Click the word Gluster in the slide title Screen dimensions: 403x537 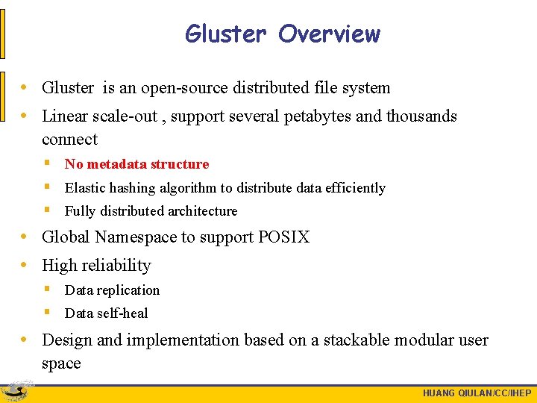click(225, 34)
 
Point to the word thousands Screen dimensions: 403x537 click(421, 116)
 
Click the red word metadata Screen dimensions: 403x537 click(118, 164)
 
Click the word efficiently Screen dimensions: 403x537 click(352, 188)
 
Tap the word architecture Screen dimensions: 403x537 click(201, 211)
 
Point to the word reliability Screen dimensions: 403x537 click(116, 266)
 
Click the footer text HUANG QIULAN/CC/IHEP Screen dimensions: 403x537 click(477, 393)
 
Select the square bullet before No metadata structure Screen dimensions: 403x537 click(47, 163)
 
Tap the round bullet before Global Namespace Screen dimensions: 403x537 click(25, 237)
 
